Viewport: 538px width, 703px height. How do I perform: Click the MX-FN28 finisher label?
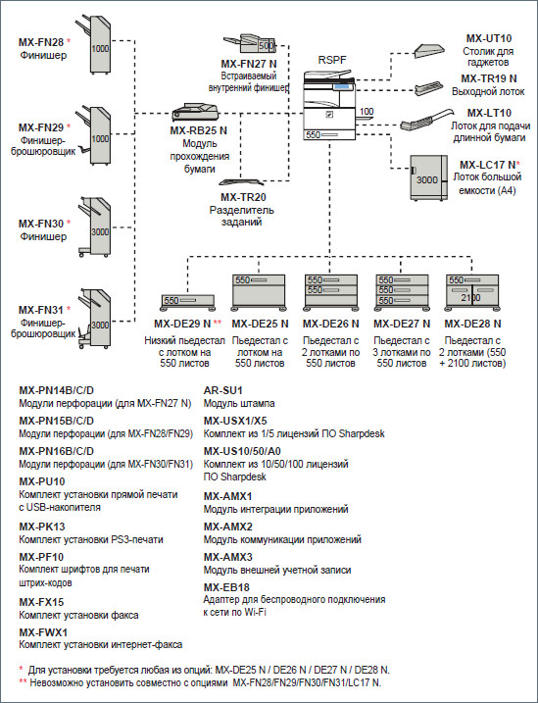[x=40, y=43]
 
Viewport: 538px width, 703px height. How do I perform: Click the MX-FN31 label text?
[x=40, y=311]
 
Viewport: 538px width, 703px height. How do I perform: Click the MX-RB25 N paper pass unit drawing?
[x=197, y=113]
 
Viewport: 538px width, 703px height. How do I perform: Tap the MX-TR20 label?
[x=233, y=196]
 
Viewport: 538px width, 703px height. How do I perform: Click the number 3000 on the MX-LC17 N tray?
[x=426, y=180]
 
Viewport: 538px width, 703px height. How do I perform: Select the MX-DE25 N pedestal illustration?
[x=257, y=290]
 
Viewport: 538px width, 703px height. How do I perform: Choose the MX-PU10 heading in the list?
[x=40, y=481]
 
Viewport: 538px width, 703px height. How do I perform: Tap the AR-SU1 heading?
[x=225, y=389]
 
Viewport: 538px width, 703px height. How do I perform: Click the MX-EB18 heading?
[x=226, y=586]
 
